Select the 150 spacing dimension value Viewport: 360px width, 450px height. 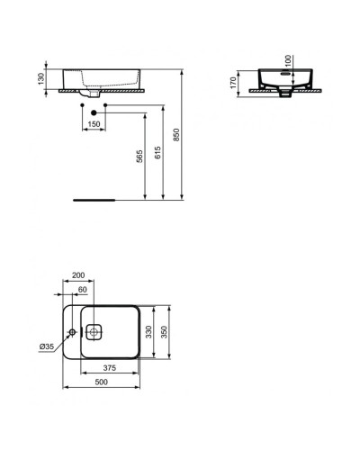(94, 123)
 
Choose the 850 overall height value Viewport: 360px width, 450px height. (176, 132)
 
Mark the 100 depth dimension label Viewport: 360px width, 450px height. (289, 59)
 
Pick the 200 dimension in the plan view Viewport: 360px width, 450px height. (78, 274)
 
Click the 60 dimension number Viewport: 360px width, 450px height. (84, 290)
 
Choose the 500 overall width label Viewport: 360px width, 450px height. (100, 382)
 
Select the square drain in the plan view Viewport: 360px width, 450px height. (96, 330)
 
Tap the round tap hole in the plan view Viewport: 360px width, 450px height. (71, 330)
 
